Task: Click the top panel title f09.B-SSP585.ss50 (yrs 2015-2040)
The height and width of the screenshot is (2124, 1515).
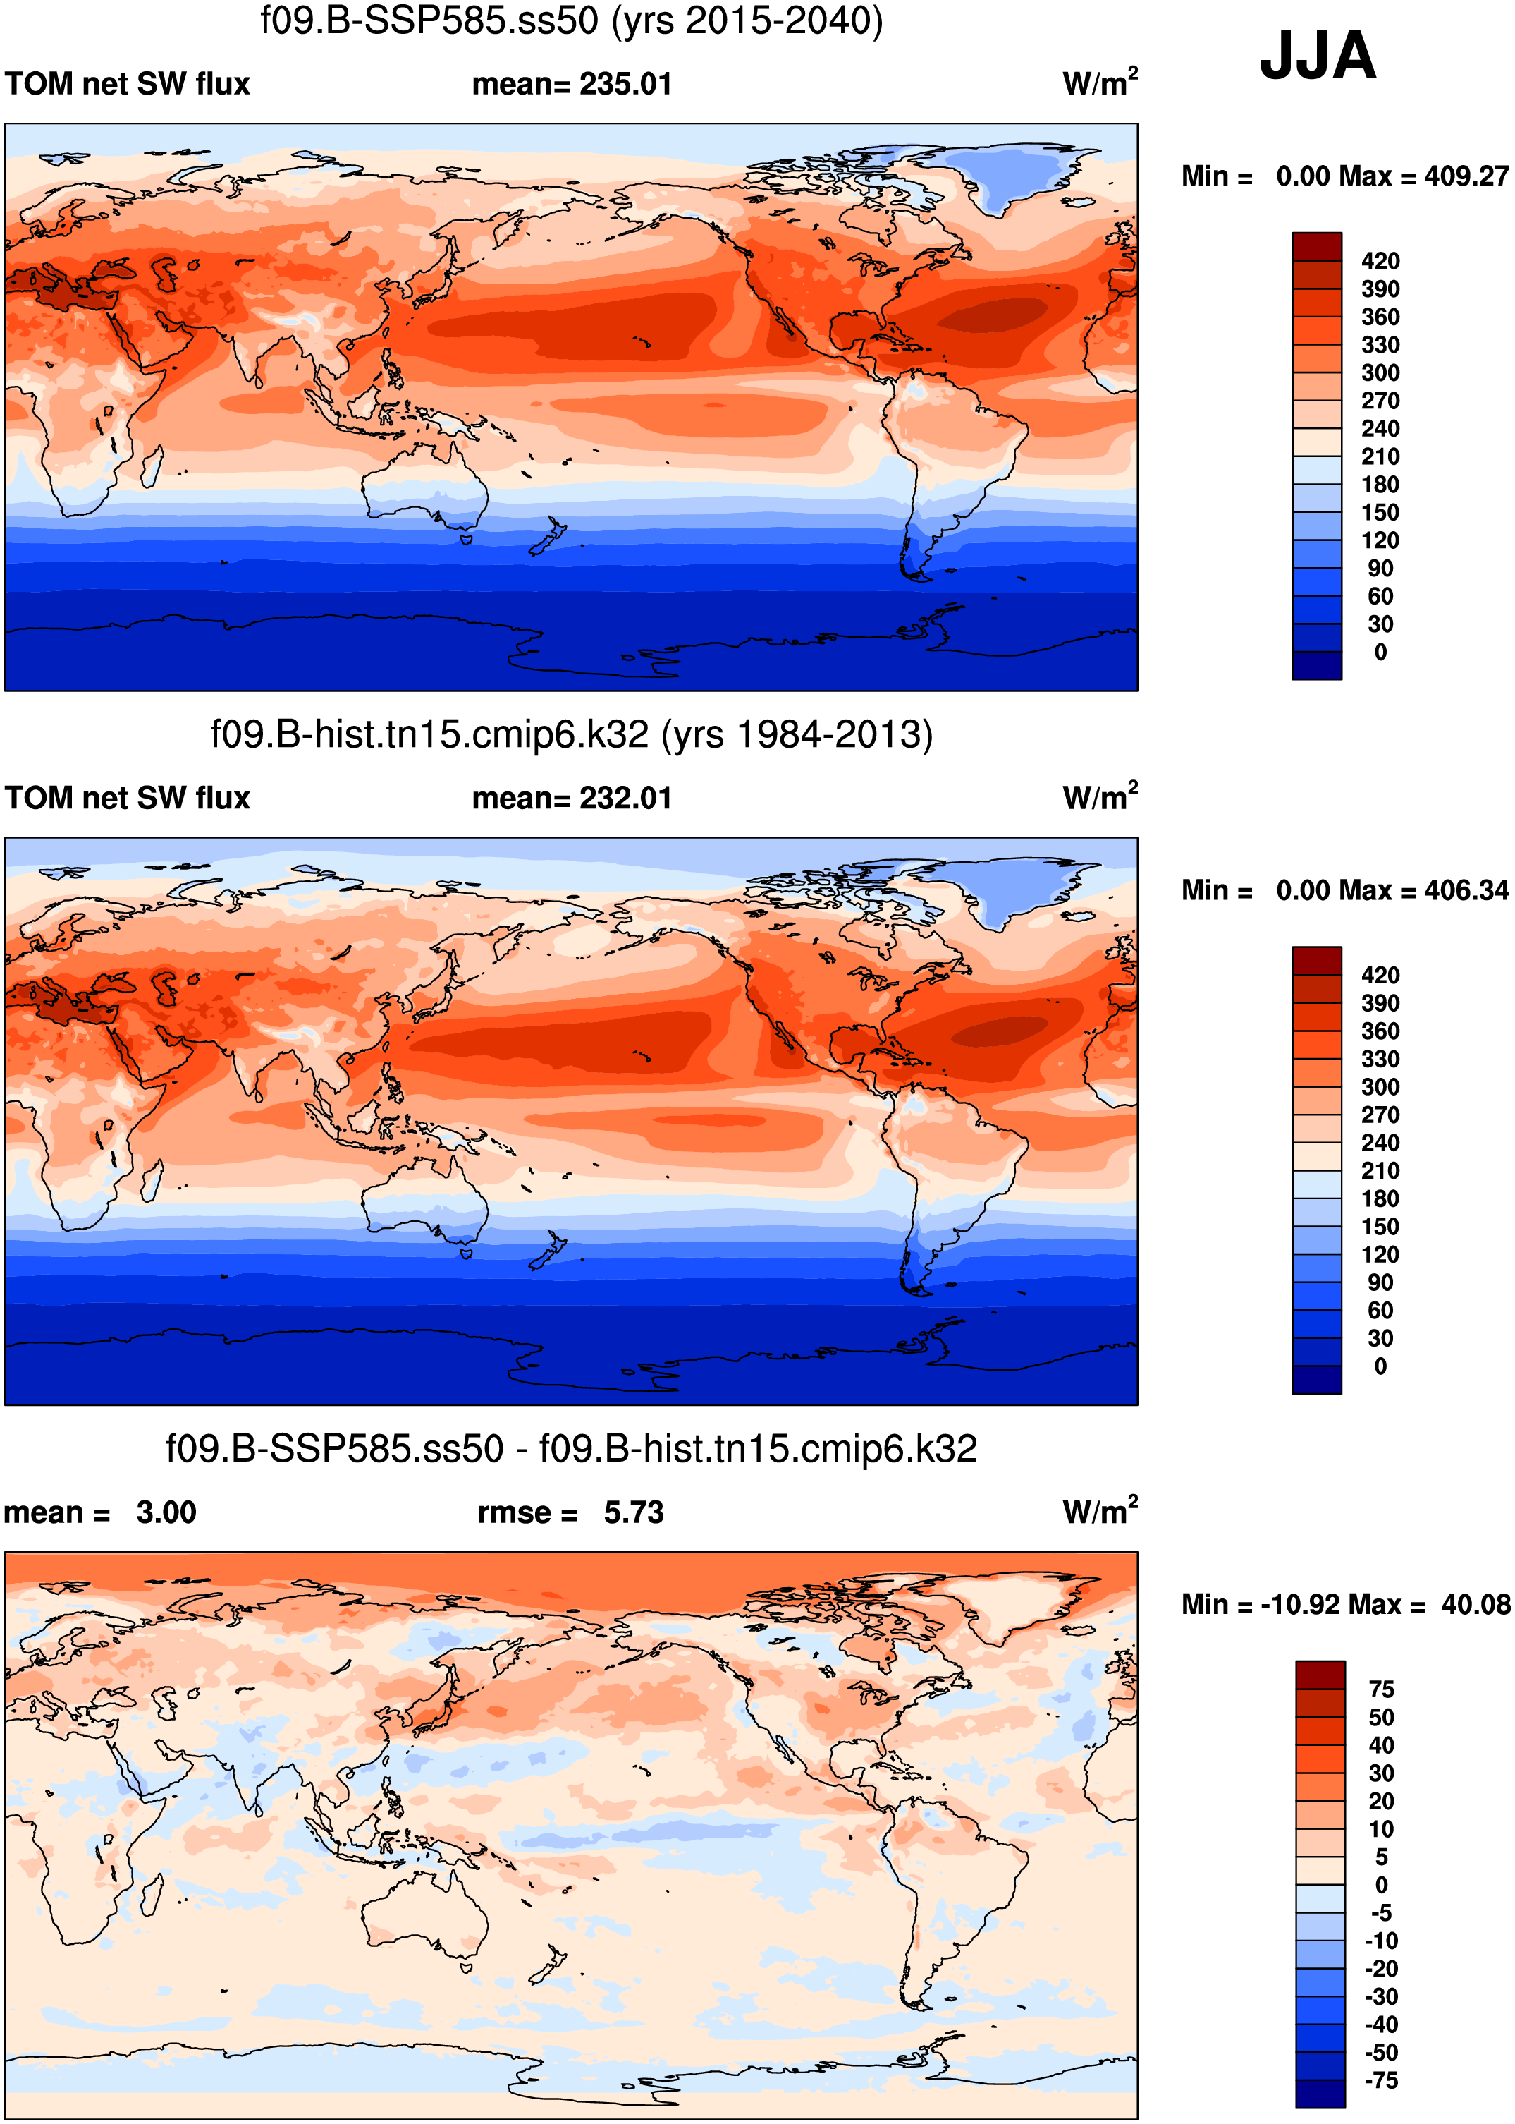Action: coord(571,20)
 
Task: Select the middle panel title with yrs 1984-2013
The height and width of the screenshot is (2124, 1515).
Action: coord(571,734)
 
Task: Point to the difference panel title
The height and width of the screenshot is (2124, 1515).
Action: coord(571,1450)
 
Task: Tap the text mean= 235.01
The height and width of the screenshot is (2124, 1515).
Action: coord(571,84)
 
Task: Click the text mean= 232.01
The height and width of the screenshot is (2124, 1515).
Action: coord(571,798)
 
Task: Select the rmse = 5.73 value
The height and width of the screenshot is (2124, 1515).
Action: coord(570,1512)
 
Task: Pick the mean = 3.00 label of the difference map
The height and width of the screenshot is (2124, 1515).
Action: coord(100,1512)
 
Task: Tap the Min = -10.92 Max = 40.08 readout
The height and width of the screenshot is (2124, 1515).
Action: coord(1344,1604)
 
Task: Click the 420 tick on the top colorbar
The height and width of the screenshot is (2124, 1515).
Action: coord(1380,261)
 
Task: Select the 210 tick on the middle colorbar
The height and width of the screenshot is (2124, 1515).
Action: coord(1380,1170)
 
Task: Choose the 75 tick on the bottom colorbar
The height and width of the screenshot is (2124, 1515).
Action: coord(1380,1689)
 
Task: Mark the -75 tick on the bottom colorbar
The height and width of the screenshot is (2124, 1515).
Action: coord(1380,2080)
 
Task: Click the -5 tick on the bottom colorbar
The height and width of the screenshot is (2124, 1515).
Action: coord(1380,1912)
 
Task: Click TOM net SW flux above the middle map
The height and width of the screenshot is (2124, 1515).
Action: coord(128,798)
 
